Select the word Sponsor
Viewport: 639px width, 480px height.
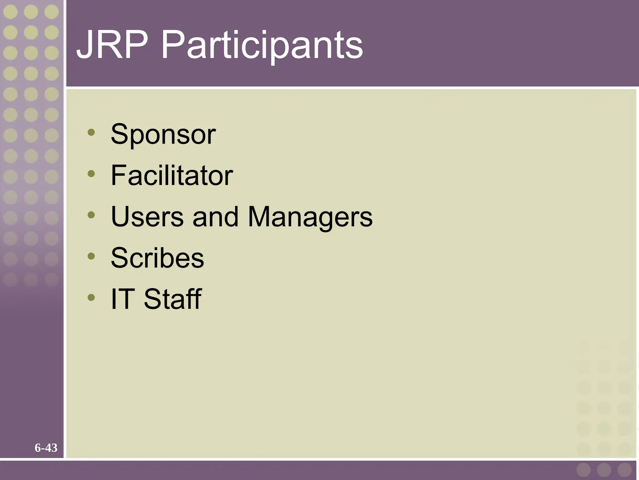click(163, 135)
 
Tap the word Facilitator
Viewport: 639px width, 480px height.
click(172, 175)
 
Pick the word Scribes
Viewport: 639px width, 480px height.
click(157, 258)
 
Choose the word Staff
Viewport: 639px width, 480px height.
click(173, 299)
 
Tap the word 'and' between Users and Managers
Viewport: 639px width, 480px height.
click(216, 217)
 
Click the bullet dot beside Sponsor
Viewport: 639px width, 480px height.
click(91, 132)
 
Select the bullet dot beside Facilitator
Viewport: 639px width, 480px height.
click(91, 173)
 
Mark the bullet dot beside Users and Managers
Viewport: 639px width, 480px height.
click(91, 215)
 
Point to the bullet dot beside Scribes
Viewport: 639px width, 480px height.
click(91, 256)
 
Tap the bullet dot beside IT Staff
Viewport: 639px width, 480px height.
click(91, 297)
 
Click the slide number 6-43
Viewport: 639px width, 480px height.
click(46, 448)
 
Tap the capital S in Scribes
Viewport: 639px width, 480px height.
click(120, 258)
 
